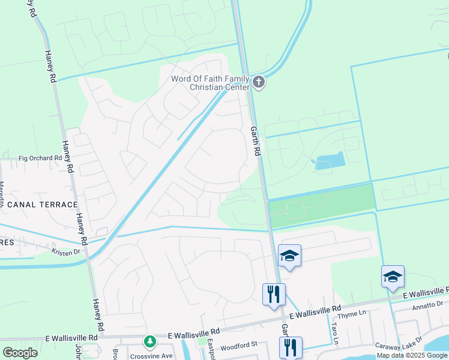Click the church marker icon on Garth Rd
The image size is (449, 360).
(x=259, y=82)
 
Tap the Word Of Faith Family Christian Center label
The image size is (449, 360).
(x=210, y=83)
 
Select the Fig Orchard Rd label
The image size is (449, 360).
(x=40, y=158)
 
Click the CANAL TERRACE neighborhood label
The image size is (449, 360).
(x=35, y=205)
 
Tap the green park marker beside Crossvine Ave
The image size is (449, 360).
(x=149, y=342)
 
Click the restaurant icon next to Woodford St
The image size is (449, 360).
(x=290, y=347)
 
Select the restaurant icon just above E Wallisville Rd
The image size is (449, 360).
(x=274, y=294)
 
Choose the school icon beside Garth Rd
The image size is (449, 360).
(x=289, y=256)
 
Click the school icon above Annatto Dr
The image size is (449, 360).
(x=393, y=277)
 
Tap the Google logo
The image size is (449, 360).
(x=20, y=353)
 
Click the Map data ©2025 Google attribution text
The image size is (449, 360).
(x=412, y=355)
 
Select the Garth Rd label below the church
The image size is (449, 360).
(x=254, y=141)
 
